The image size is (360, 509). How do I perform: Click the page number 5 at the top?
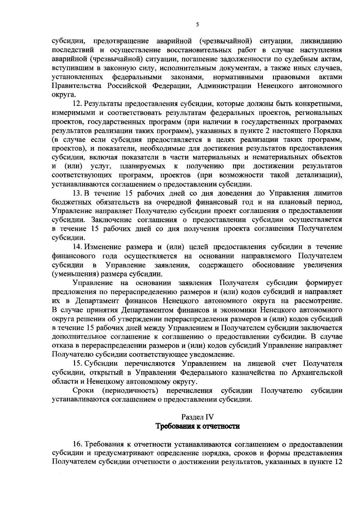tap(197, 25)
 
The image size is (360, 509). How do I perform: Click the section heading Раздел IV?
tap(197, 417)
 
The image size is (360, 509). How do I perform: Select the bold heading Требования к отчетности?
tap(197, 426)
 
